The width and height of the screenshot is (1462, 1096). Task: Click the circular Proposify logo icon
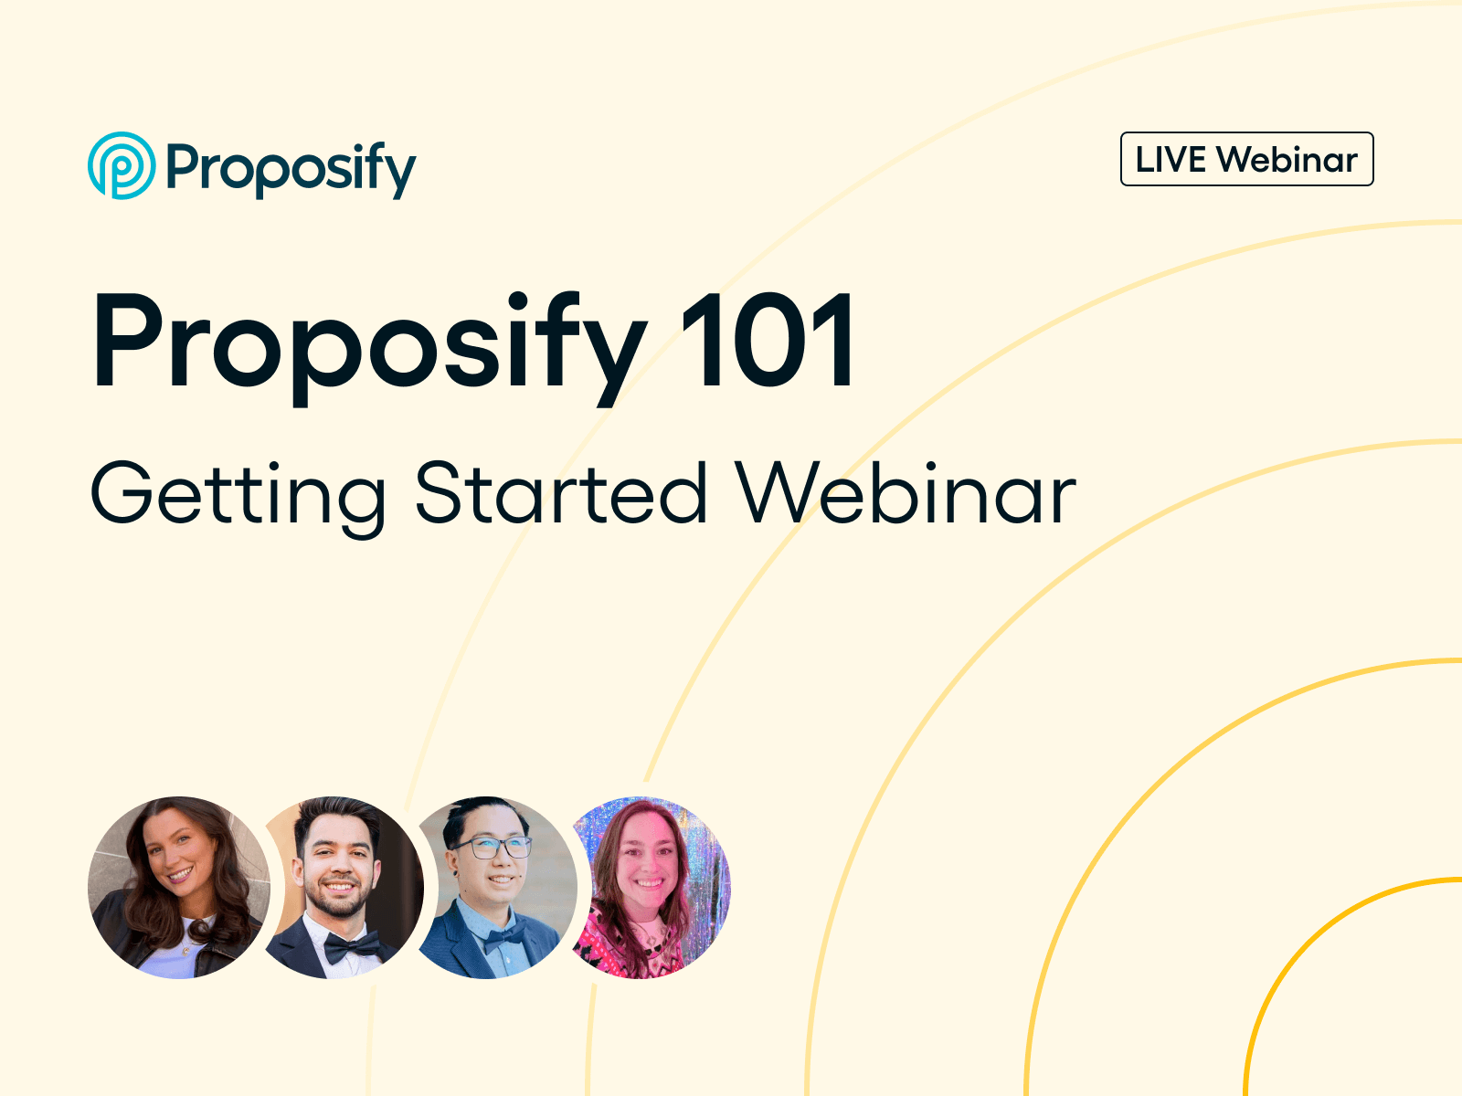122,165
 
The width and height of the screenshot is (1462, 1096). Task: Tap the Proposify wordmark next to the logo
291,169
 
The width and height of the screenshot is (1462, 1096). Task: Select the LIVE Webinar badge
1246,160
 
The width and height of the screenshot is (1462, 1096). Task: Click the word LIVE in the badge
1170,160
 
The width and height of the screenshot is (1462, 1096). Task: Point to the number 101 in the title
768,342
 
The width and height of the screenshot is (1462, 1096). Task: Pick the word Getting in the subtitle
238,495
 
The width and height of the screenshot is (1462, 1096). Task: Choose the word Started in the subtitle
561,493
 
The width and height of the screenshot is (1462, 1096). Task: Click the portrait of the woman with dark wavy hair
179,887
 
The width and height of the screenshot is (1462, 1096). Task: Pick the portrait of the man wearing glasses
493,887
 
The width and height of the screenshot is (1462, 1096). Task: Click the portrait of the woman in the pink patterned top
649,887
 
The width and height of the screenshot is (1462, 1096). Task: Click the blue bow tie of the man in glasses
505,937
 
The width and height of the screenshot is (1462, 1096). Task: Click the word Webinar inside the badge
1287,160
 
